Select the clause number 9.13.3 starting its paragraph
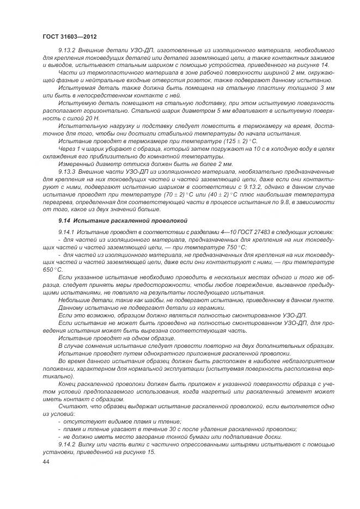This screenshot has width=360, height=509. (69, 171)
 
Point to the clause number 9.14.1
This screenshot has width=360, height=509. (68, 232)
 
